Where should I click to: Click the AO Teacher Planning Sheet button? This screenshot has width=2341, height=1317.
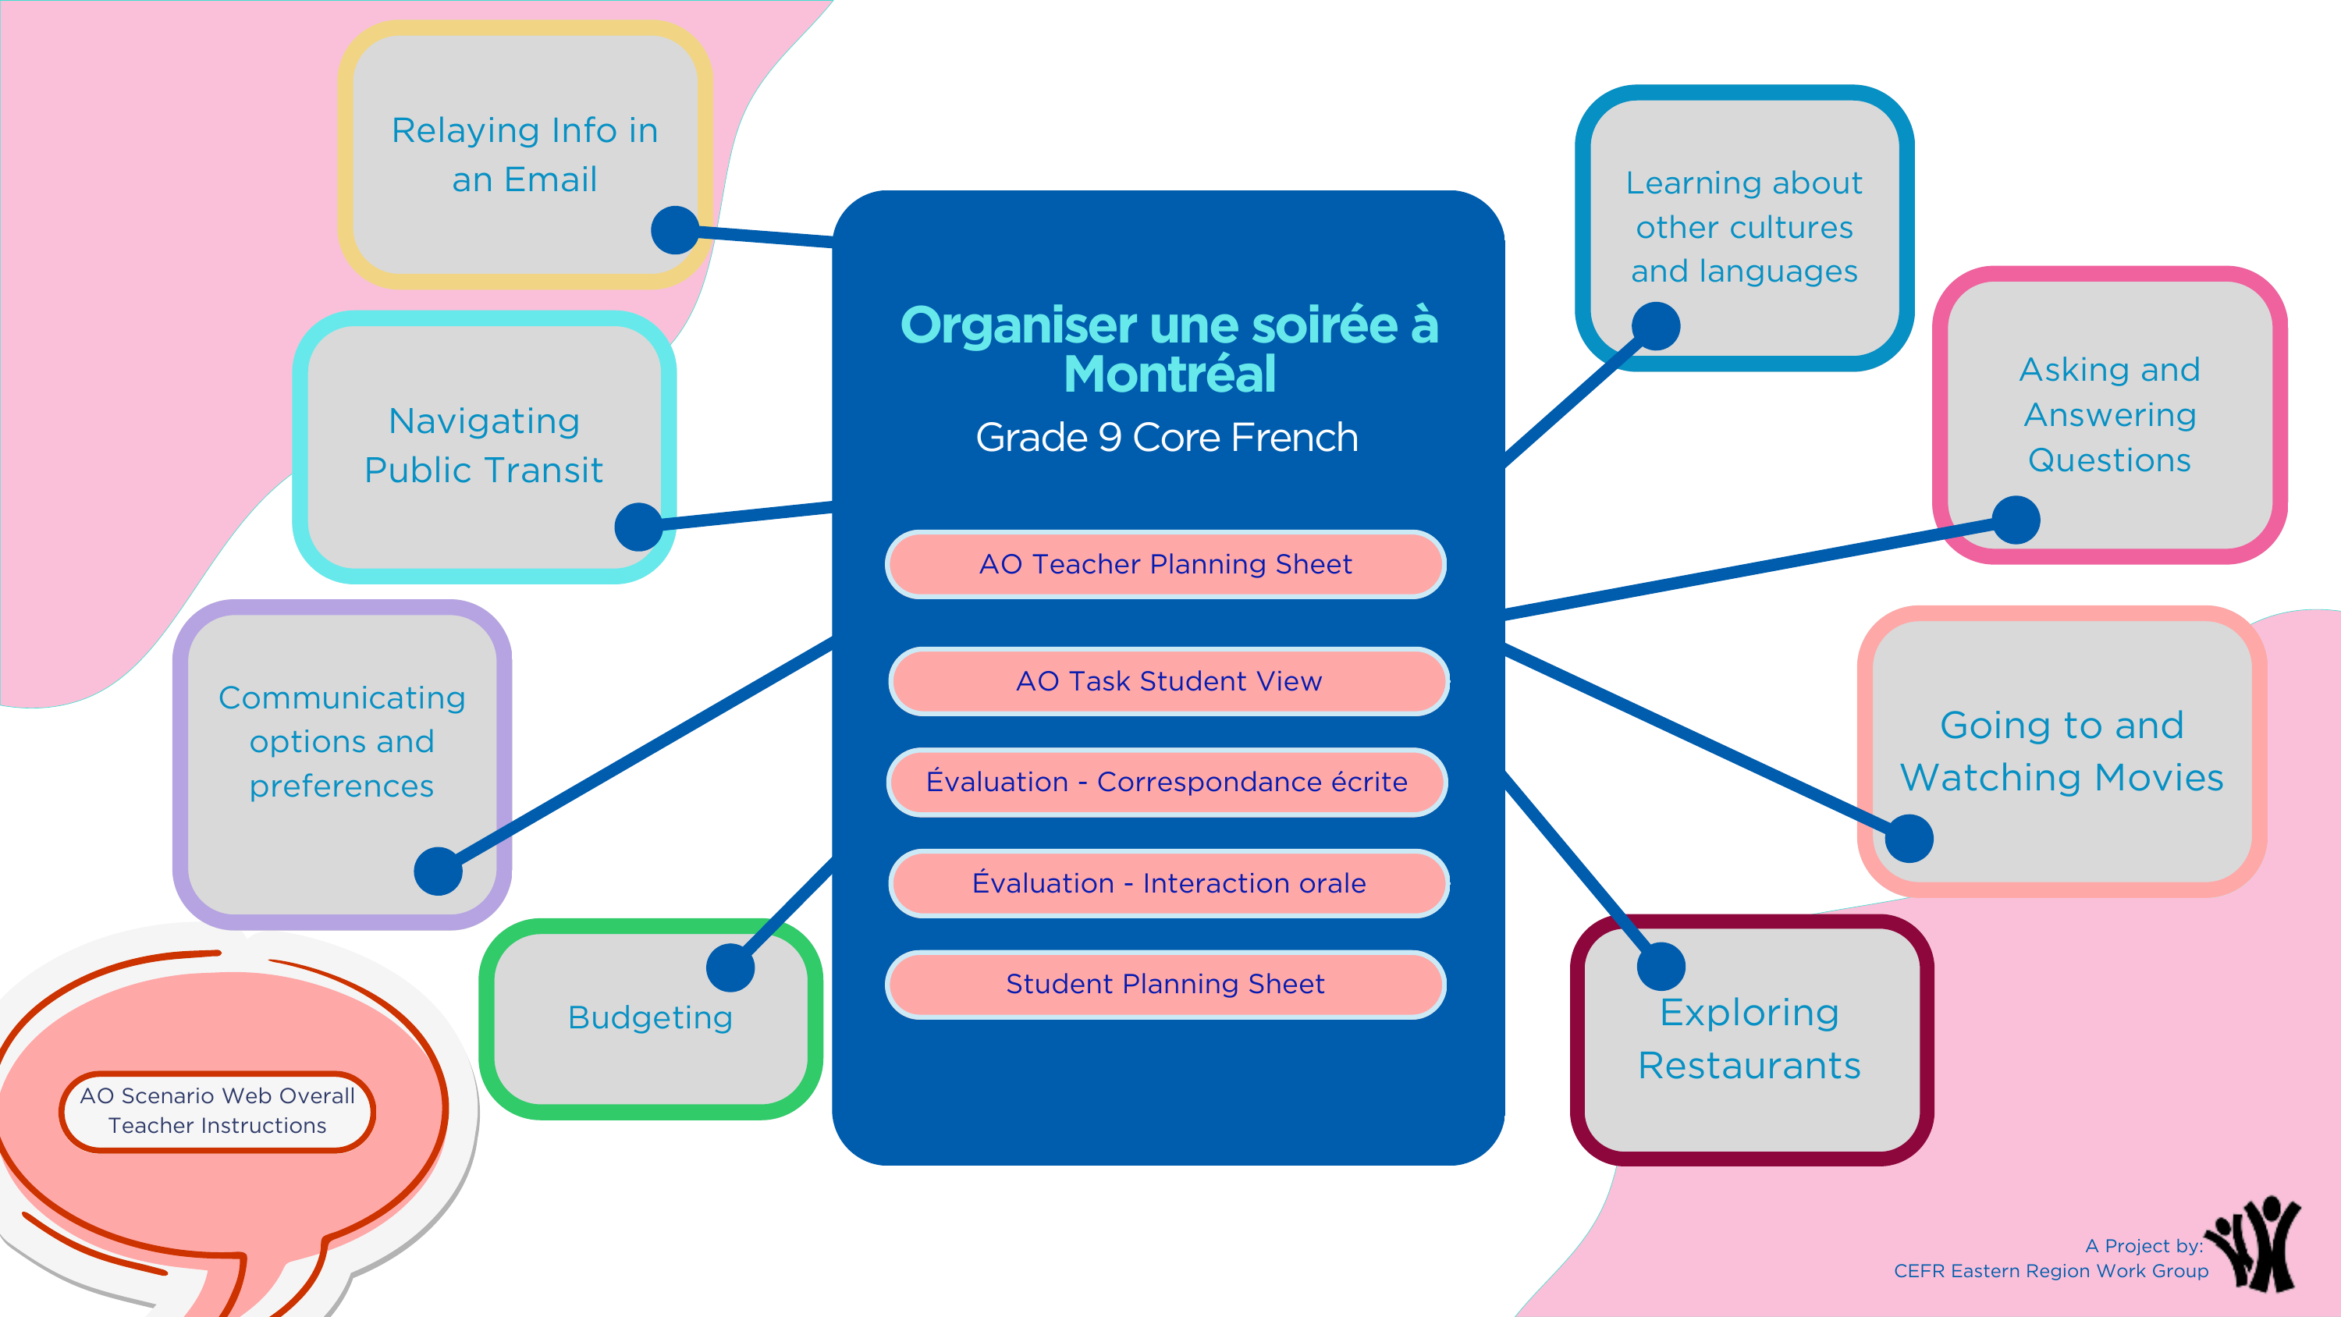coord(1166,564)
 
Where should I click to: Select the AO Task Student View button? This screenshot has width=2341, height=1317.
coord(1169,681)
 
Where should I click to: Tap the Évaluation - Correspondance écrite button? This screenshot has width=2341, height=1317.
coord(1167,782)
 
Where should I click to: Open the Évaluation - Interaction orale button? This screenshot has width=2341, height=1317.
coord(1169,883)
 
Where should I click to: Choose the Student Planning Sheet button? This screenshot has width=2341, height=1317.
coord(1166,985)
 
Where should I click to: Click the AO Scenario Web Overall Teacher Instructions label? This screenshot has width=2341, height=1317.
coord(217,1111)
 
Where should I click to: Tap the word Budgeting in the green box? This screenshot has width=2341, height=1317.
coord(651,1017)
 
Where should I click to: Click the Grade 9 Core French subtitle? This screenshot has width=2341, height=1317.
coord(1167,438)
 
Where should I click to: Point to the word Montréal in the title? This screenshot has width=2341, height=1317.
coord(1170,375)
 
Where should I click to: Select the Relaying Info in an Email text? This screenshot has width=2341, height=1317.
coord(525,154)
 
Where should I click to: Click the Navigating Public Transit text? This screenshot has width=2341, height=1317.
coord(484,446)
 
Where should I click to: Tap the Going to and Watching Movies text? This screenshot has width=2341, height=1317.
coord(2062,751)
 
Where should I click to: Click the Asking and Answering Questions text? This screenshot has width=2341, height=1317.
coord(2110,414)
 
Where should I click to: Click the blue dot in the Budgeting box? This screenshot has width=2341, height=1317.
coord(730,967)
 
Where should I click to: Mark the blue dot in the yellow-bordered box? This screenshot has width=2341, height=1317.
coord(675,230)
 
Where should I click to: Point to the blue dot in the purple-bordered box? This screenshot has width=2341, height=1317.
coord(438,871)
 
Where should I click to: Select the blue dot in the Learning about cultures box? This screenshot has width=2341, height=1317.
coord(1656,326)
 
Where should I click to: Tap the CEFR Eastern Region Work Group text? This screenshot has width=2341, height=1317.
coord(2051,1271)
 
